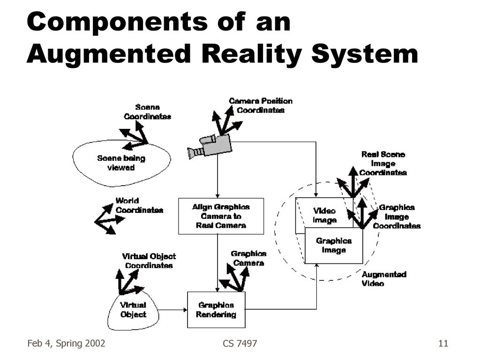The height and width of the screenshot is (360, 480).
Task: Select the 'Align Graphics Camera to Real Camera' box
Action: point(221,216)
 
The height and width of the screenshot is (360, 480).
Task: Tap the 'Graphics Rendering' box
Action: point(216,310)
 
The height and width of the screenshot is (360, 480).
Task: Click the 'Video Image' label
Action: point(324,216)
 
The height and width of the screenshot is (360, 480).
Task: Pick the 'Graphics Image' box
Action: point(334,246)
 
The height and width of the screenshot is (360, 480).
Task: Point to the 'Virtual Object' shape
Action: point(133,309)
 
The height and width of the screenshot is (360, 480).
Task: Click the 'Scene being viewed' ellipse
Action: point(121,162)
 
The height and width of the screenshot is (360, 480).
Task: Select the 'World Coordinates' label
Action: point(139,206)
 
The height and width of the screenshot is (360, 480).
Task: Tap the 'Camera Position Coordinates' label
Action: point(260,105)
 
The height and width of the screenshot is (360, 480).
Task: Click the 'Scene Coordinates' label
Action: point(147,112)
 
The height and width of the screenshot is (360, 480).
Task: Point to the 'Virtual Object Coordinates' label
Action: point(149,261)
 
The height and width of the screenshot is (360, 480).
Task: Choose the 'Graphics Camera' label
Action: point(248,258)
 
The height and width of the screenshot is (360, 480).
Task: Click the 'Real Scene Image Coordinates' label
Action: point(383,163)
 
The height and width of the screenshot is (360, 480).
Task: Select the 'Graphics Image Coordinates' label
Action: point(397,217)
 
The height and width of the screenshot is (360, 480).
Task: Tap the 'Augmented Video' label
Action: point(383,279)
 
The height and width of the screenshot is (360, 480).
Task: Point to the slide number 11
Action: point(443,344)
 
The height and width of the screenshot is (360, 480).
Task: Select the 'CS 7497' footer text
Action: point(240,344)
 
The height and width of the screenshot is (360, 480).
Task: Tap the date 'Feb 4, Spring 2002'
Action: point(66,344)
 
